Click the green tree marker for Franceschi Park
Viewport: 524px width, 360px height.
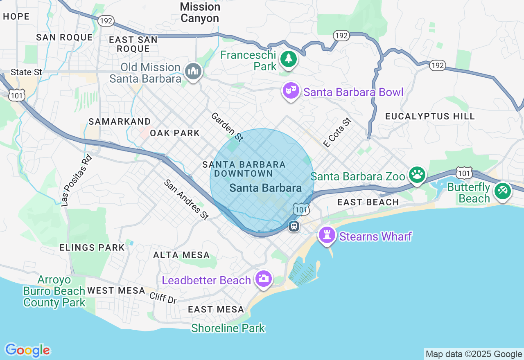(289, 59)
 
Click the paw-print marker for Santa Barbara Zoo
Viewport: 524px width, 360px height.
(417, 175)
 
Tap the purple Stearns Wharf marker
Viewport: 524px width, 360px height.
(327, 235)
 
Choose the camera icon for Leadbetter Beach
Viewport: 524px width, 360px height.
(263, 279)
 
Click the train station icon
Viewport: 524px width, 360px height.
(294, 226)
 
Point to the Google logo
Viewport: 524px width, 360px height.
(27, 350)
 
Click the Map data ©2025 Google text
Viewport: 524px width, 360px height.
(474, 354)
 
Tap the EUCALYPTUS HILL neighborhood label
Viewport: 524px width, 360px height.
(430, 116)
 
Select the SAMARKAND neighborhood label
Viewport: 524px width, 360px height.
(120, 122)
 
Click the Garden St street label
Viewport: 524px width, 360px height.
(227, 127)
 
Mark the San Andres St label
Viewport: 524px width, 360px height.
(186, 200)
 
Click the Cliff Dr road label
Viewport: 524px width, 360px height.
(163, 298)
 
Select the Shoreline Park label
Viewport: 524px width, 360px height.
(228, 328)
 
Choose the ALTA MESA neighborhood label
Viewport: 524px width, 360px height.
(181, 255)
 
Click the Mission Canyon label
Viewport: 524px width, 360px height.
(200, 12)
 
